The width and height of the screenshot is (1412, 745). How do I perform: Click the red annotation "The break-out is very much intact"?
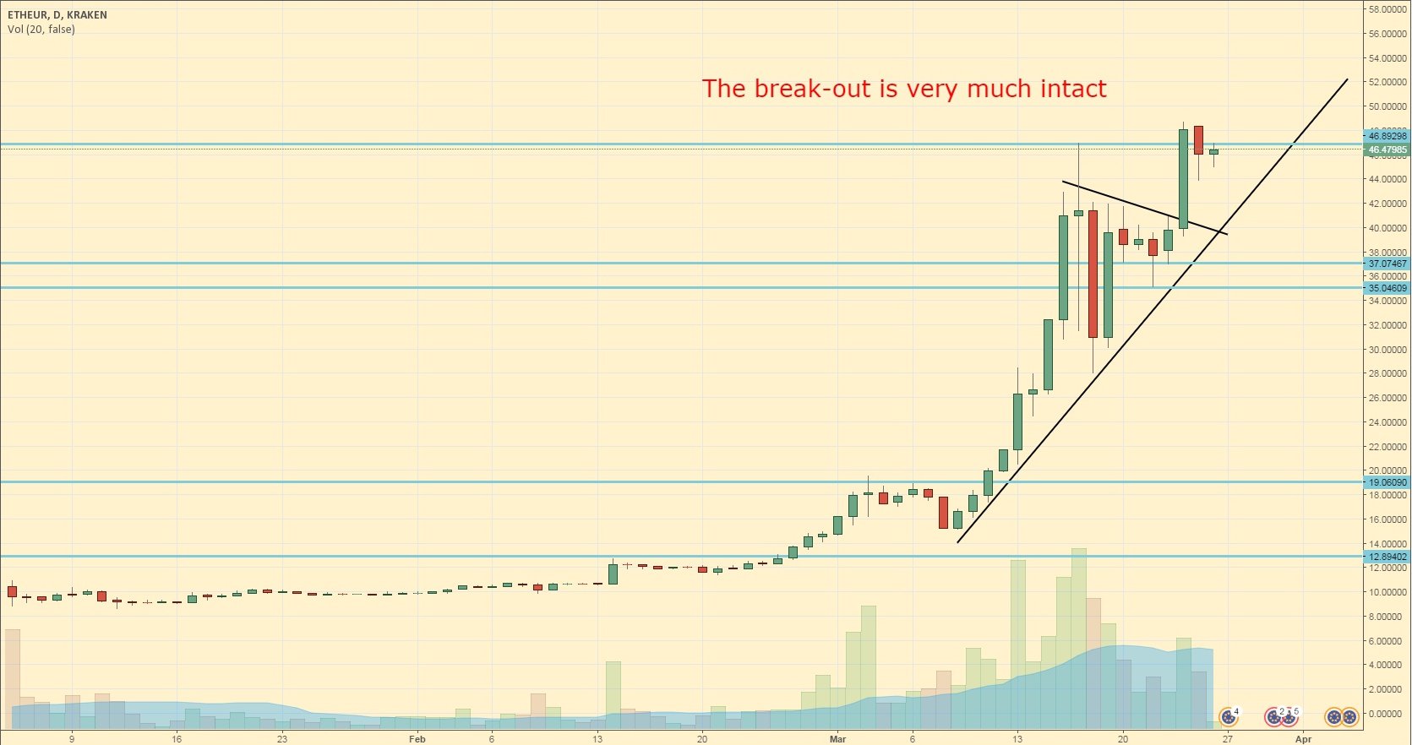click(x=903, y=89)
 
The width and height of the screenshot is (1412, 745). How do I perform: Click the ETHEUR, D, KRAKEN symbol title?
click(x=57, y=15)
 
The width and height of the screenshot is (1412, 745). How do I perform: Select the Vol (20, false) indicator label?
click(x=41, y=30)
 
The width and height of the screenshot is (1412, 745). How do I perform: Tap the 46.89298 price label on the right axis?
click(x=1387, y=136)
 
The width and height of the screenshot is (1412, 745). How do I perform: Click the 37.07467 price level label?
click(x=1387, y=264)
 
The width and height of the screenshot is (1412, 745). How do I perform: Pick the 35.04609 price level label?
click(x=1387, y=288)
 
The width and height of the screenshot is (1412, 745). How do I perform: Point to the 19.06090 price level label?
click(x=1387, y=483)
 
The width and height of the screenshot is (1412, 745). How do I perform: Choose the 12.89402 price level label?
click(x=1387, y=557)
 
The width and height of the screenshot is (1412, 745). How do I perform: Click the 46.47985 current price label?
click(x=1387, y=150)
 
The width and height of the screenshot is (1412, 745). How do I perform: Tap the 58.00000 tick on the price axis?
click(x=1387, y=9)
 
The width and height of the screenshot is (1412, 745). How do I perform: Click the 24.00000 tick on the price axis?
click(x=1387, y=422)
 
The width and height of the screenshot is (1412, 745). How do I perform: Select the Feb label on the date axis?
click(x=417, y=739)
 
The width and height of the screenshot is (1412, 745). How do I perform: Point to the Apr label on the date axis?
click(x=1304, y=739)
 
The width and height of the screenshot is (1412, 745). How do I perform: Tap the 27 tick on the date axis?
click(x=1228, y=739)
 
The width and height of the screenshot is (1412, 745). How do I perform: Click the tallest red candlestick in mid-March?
click(x=1093, y=274)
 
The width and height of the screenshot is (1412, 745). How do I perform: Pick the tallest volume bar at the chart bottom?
click(x=1078, y=638)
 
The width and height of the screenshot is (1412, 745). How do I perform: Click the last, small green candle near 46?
click(x=1213, y=152)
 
